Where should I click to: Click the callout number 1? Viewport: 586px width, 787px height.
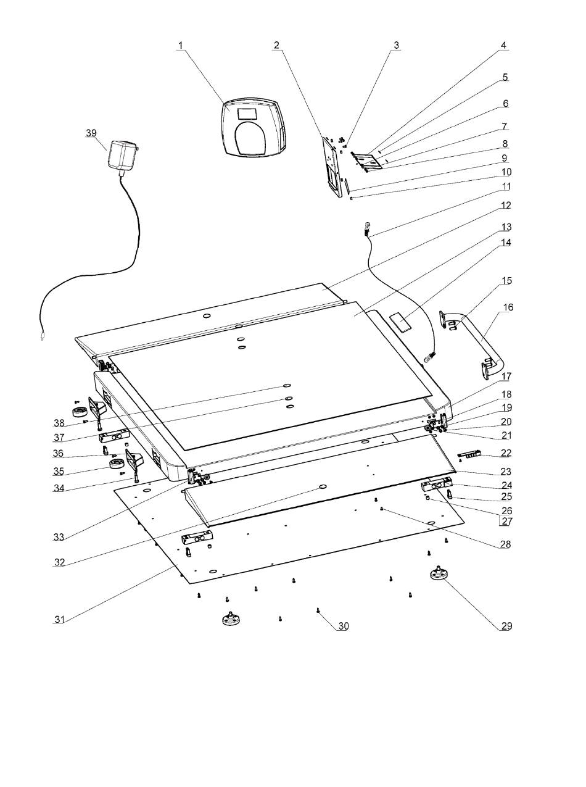click(181, 45)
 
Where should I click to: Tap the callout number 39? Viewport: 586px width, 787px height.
click(91, 133)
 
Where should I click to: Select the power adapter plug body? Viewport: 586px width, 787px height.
click(123, 154)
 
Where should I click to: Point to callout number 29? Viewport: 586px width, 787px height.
click(506, 626)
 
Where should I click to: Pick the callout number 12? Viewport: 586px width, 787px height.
click(506, 205)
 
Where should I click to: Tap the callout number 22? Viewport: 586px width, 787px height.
click(506, 453)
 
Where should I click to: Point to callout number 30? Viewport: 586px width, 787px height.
click(343, 626)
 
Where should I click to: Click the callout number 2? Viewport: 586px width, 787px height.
click(276, 45)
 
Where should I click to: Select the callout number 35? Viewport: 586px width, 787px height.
click(59, 472)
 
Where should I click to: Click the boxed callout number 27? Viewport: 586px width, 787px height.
click(506, 521)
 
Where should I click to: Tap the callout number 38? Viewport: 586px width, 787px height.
click(59, 423)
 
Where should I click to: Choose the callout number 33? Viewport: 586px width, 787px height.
click(59, 537)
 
